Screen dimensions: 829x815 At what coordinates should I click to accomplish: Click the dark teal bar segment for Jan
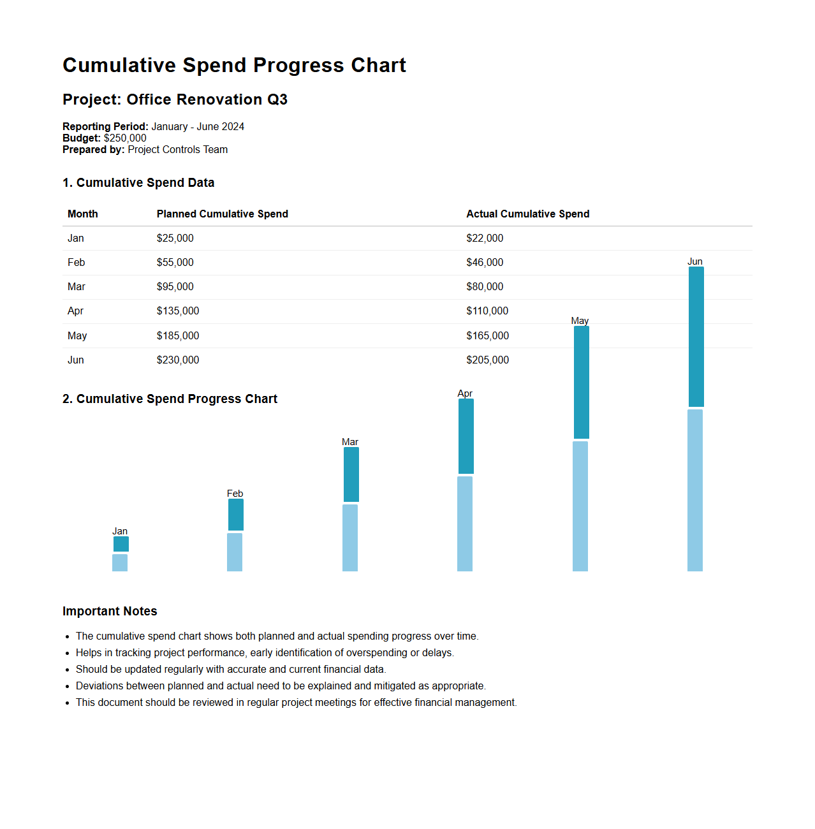pos(121,544)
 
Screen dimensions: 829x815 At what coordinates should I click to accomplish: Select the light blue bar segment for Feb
pos(235,552)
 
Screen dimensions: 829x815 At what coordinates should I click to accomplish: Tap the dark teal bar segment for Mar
pos(351,474)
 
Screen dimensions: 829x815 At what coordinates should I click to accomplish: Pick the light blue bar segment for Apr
pos(465,524)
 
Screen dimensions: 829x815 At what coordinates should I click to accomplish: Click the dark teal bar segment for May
pos(582,382)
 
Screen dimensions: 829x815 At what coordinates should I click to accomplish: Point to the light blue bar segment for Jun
pos(695,490)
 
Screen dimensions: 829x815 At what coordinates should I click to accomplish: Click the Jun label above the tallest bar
pos(695,261)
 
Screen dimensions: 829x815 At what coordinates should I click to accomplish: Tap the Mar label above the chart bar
pos(350,442)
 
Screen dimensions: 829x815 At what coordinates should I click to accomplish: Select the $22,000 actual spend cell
pos(485,238)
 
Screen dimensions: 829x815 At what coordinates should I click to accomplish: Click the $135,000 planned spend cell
pos(178,311)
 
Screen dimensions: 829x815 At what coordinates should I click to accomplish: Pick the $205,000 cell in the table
pos(487,360)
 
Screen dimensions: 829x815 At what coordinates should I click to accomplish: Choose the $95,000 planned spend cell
pos(175,286)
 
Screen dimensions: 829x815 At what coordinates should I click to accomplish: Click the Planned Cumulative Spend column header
pos(223,214)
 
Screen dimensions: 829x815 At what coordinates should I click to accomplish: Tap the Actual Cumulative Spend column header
pos(527,214)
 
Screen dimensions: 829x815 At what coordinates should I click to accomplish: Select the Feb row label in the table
pos(77,262)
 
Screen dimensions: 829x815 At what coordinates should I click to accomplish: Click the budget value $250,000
pos(125,138)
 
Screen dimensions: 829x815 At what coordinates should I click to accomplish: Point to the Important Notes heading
pos(110,611)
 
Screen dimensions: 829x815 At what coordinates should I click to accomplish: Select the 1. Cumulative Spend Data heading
pos(138,182)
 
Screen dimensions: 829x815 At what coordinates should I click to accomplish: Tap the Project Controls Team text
pos(177,149)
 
